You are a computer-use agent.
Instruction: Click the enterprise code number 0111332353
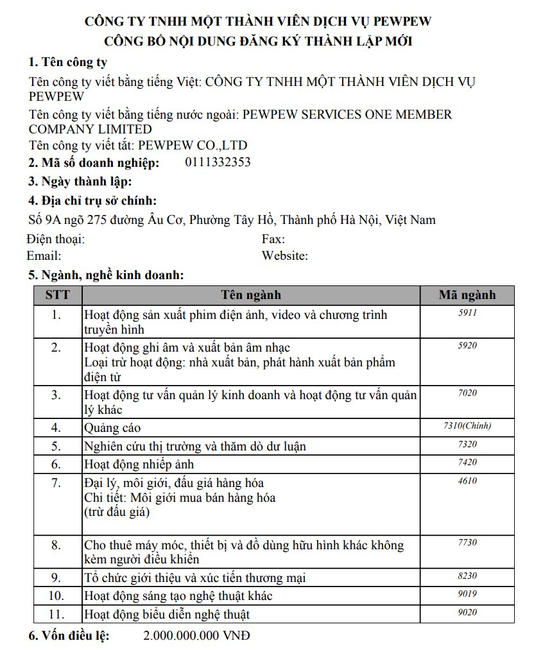218,162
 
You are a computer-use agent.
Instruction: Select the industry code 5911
467,312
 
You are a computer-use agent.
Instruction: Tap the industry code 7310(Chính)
467,425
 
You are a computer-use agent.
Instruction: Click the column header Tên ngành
251,295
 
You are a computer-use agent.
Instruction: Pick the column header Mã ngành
467,295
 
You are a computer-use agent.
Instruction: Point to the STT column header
58,295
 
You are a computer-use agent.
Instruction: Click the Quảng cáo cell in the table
112,427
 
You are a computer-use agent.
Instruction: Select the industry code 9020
467,612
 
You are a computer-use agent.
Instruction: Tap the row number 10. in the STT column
56,596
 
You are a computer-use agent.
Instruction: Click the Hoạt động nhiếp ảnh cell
139,464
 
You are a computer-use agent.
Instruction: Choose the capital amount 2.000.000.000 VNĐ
196,636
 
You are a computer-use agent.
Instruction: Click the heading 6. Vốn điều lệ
69,636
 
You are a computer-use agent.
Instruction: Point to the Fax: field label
273,239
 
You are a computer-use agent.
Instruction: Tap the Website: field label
285,256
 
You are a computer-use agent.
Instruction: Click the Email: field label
44,256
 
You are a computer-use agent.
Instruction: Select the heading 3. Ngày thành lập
80,182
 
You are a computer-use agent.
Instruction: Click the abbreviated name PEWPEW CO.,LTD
193,145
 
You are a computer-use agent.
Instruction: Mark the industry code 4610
467,480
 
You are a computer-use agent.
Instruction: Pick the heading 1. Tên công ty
67,62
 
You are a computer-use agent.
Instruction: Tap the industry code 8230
467,576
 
